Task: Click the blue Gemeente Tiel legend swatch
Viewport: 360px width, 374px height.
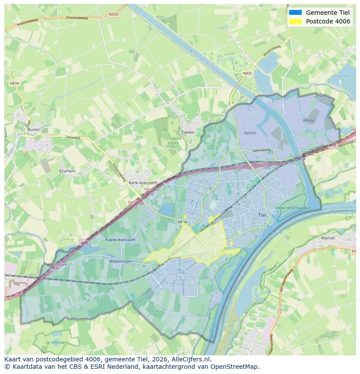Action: pyautogui.click(x=295, y=13)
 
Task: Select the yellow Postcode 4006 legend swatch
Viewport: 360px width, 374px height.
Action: pyautogui.click(x=295, y=22)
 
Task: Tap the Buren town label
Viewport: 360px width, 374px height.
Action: pyautogui.click(x=33, y=129)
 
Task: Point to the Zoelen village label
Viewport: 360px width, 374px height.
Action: pyautogui.click(x=187, y=132)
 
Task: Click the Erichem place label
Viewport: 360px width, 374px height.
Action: pyautogui.click(x=67, y=171)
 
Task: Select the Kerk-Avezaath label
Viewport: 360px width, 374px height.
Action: pyautogui.click(x=143, y=183)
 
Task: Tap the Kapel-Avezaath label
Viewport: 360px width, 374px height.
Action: pyautogui.click(x=120, y=239)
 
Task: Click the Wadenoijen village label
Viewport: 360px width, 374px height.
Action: pyautogui.click(x=120, y=262)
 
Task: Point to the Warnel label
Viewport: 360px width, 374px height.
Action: pyautogui.click(x=327, y=238)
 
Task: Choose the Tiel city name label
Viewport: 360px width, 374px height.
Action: pyautogui.click(x=262, y=215)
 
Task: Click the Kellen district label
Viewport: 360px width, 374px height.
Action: pyautogui.click(x=250, y=133)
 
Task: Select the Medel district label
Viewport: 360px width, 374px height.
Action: pyautogui.click(x=309, y=120)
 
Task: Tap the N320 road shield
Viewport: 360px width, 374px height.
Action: pyautogui.click(x=113, y=14)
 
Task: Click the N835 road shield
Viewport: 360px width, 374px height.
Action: pyautogui.click(x=247, y=73)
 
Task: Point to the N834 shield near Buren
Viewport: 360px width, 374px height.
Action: pyautogui.click(x=14, y=83)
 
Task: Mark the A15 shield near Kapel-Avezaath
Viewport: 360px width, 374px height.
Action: pyautogui.click(x=84, y=243)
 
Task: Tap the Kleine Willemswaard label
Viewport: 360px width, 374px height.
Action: pyautogui.click(x=293, y=208)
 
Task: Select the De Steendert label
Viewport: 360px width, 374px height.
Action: pyautogui.click(x=56, y=343)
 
